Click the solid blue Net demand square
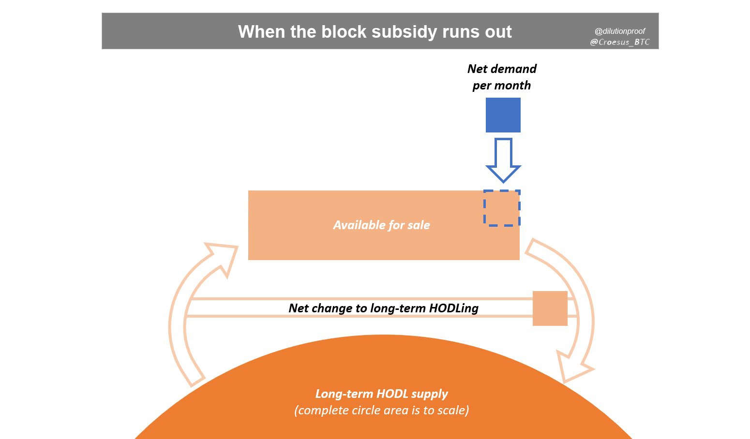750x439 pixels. pyautogui.click(x=503, y=115)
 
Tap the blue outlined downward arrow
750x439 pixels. pyautogui.click(x=503, y=160)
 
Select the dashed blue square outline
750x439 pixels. pyautogui.click(x=502, y=208)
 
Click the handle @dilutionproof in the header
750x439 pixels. pyautogui.click(x=620, y=31)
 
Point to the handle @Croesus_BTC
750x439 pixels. pyautogui.click(x=620, y=42)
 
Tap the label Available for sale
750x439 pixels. pyautogui.click(x=381, y=225)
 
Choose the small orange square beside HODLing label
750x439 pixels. pyautogui.click(x=550, y=308)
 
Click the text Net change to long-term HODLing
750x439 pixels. pyautogui.click(x=383, y=308)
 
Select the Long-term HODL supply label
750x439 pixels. pyautogui.click(x=381, y=394)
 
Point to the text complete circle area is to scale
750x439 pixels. pyautogui.click(x=381, y=410)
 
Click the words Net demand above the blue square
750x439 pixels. pyautogui.click(x=502, y=69)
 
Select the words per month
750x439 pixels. pyautogui.click(x=501, y=86)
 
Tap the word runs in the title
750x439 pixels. pyautogui.click(x=461, y=32)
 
